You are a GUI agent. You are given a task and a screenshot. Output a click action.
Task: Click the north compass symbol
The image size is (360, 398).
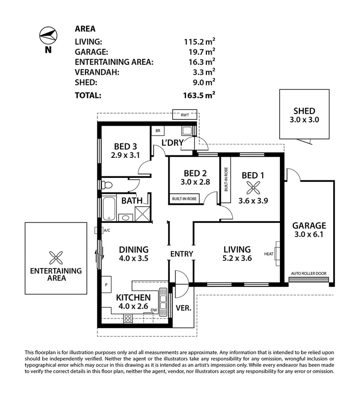tap(48, 35)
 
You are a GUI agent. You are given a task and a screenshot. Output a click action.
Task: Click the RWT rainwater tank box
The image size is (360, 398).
tap(185, 115)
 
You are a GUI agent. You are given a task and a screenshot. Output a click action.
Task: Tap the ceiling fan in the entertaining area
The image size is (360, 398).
tap(56, 258)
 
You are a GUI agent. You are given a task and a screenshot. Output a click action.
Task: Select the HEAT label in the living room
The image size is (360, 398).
tap(268, 254)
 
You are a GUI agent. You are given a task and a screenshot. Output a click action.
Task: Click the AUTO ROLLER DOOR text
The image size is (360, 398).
tap(308, 274)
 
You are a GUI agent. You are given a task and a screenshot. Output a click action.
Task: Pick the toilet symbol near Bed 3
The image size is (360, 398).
tap(108, 185)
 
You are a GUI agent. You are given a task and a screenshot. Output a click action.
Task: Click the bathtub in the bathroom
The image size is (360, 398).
tap(109, 209)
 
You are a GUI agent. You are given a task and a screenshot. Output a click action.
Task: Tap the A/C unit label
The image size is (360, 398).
tap(107, 231)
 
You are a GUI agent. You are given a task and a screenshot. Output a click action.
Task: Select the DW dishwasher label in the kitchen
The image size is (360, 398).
tap(154, 310)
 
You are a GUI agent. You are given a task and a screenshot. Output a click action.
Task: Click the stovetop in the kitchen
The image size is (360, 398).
tap(129, 317)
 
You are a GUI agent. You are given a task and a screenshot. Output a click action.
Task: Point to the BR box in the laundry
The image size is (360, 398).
tap(157, 130)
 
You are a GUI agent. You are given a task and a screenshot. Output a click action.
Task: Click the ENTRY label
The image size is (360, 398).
tap(181, 254)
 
